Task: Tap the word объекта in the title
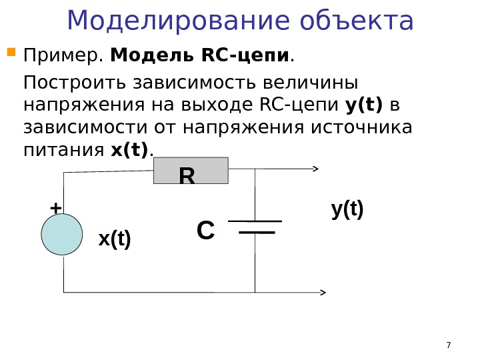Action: (357, 21)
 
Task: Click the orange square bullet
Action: (11, 51)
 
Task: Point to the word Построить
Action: (75, 83)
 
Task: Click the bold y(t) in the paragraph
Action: (364, 105)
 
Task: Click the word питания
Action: (63, 151)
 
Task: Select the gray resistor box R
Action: (191, 171)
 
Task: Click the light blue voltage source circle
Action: (62, 235)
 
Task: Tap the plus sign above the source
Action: (55, 208)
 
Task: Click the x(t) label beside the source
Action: (115, 239)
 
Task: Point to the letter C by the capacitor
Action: (205, 231)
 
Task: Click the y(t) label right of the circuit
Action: (347, 209)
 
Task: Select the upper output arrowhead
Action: (315, 169)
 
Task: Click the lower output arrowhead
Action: (323, 292)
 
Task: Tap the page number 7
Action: (448, 345)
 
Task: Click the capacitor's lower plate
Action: (257, 233)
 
